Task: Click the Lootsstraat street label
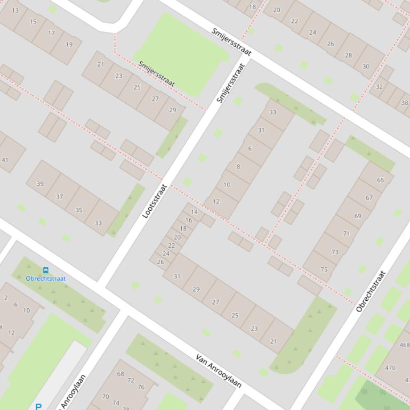155,201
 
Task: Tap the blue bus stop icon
46,270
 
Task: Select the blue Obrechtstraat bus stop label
46,278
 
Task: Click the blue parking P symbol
38,406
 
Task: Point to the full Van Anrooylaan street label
219,371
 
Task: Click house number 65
380,180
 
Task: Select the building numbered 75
324,269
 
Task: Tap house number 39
40,183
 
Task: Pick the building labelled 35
79,210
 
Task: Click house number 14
194,212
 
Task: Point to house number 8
238,167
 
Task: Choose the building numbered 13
15,10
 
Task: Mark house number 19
69,45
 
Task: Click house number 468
404,345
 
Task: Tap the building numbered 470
390,367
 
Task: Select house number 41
5,160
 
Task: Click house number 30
366,67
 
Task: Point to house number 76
141,387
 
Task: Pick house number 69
357,216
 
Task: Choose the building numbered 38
404,103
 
